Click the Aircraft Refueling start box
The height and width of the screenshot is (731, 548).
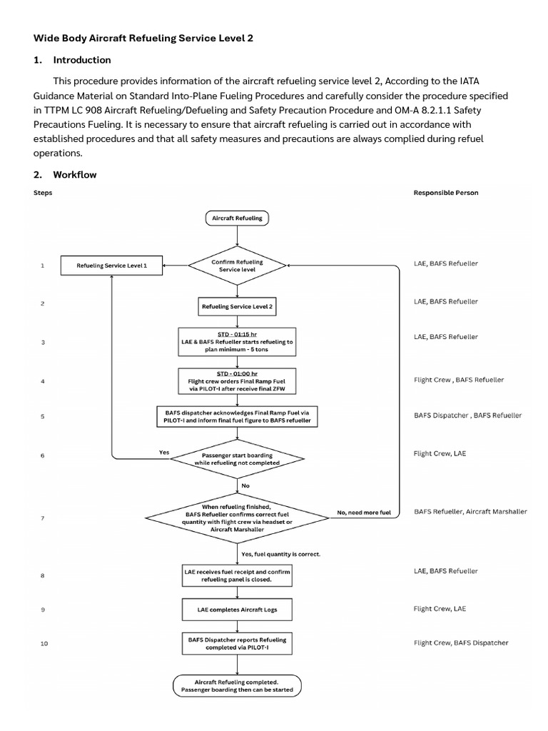237,218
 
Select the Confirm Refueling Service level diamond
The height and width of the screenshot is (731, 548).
237,266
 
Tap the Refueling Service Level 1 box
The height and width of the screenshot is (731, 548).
111,266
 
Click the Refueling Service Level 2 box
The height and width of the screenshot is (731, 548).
237,306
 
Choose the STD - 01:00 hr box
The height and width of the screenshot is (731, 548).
237,380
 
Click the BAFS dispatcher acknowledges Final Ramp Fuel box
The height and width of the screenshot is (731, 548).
237,417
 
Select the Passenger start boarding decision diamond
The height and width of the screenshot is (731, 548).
237,458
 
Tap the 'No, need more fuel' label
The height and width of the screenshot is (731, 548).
364,513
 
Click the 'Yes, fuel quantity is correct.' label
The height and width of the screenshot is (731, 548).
281,553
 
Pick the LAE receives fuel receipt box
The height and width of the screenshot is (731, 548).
237,575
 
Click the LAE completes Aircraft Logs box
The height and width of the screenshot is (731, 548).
237,610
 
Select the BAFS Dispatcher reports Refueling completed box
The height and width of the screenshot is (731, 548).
237,643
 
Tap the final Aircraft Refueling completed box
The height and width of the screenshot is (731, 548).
237,686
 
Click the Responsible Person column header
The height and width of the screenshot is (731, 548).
446,193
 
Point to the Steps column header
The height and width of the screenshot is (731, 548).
43,193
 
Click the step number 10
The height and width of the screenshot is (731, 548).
44,643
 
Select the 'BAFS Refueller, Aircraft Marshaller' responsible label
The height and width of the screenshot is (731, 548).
470,512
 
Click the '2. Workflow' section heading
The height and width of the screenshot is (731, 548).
65,174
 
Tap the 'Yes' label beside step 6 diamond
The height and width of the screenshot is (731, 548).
163,452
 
